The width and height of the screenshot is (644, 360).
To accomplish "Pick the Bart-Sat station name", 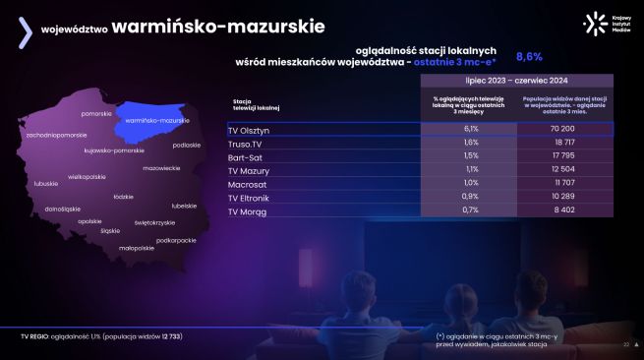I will [x=245, y=156].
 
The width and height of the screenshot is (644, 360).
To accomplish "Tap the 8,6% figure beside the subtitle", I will [x=529, y=56].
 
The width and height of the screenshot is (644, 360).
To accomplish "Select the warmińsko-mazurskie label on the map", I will [x=157, y=120].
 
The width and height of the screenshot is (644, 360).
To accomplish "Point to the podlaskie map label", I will [x=186, y=145].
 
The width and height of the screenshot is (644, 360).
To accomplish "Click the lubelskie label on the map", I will [x=184, y=206].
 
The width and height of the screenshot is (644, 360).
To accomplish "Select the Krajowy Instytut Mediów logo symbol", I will [x=592, y=24].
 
